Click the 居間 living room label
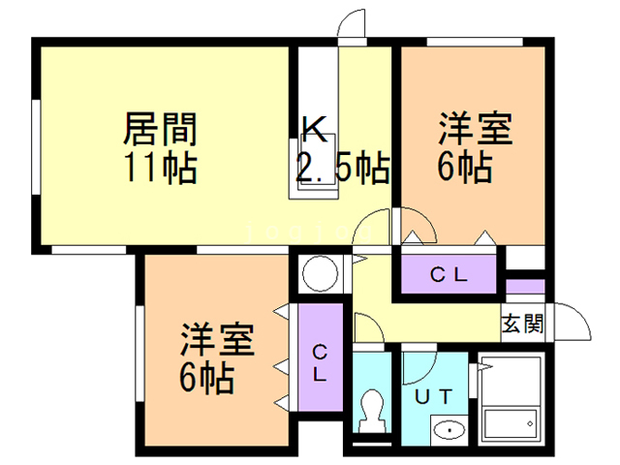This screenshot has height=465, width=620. coord(161,129)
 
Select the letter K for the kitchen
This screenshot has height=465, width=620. coord(312,129)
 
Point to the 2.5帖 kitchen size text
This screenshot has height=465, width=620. coord(343,169)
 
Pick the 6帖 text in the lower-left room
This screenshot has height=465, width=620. coord(206,379)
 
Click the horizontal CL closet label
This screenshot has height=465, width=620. coord(449,275)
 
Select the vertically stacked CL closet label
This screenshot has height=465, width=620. coord(321,360)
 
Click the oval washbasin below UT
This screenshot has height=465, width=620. coord(447,429)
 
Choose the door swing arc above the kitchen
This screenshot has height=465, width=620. coord(353,21)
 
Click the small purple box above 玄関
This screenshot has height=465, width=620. coord(524,287)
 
